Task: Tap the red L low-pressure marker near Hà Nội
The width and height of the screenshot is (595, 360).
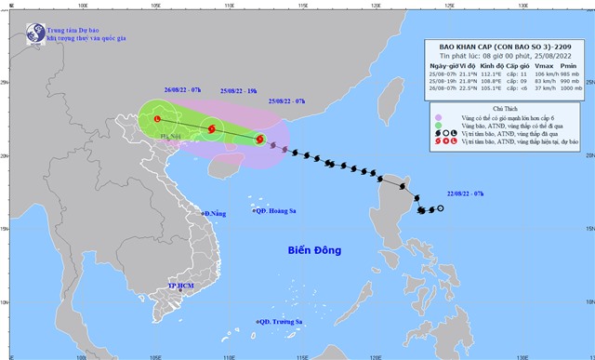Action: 157,119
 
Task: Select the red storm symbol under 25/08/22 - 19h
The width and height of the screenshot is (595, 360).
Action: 212,129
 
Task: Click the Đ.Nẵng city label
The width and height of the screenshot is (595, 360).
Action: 215,214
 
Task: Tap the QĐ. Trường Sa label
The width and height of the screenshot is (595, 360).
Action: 281,322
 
